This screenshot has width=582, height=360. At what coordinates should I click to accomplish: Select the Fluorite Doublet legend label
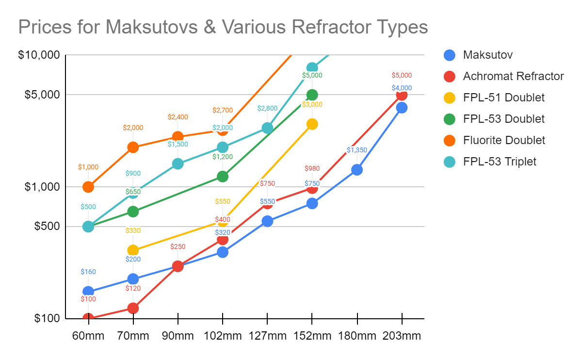[x=504, y=140]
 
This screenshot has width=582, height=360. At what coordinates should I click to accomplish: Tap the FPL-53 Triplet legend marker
[x=450, y=162]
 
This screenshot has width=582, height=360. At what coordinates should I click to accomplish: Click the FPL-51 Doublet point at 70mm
[x=133, y=250]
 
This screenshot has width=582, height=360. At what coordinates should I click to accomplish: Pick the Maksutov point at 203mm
[x=402, y=108]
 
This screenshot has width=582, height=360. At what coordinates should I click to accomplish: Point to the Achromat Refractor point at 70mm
[x=133, y=308]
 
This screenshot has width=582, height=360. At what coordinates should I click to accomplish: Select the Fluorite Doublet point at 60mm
[x=88, y=187]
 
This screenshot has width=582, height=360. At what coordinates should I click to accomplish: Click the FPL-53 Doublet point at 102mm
[x=223, y=176]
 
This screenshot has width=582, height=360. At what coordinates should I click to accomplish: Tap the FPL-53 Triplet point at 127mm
[x=267, y=128]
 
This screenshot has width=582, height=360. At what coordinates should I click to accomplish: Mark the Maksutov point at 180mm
[x=357, y=170]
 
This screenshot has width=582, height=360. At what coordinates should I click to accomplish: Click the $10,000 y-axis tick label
[x=39, y=55]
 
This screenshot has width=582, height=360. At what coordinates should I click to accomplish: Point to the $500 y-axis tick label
[x=47, y=227]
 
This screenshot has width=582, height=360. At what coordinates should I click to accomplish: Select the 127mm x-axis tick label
[x=267, y=336]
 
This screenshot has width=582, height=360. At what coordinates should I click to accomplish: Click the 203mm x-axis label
[x=402, y=336]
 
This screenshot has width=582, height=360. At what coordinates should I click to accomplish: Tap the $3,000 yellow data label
[x=312, y=104]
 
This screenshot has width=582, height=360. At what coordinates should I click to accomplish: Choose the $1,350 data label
[x=357, y=150]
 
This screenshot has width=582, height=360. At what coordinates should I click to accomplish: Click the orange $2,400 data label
[x=178, y=117]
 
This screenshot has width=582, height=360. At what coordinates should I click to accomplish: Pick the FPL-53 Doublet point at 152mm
[x=312, y=95]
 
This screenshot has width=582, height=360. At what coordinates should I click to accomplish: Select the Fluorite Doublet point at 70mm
[x=133, y=147]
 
